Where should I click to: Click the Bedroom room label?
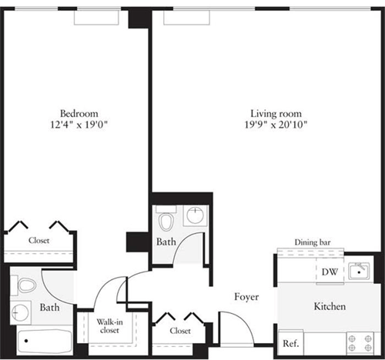tap(79, 113)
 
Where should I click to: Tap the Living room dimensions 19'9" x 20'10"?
tap(276, 125)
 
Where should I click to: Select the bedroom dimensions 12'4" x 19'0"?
tap(79, 125)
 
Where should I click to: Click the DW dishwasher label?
tap(330, 272)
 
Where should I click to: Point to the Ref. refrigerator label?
tap(291, 343)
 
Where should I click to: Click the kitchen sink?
tap(359, 271)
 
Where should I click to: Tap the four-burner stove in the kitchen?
tap(360, 344)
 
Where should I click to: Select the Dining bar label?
tap(313, 242)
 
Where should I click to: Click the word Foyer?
tap(246, 297)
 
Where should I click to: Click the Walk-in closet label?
tap(109, 326)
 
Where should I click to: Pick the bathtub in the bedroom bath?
tap(45, 342)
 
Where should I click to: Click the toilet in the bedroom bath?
tap(24, 285)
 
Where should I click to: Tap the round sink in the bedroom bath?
tap(20, 313)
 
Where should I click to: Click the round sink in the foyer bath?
tap(196, 215)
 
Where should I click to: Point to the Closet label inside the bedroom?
tap(38, 241)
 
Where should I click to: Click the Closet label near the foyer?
tap(180, 331)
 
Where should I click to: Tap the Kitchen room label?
tap(330, 306)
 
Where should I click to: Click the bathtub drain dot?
tap(26, 341)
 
